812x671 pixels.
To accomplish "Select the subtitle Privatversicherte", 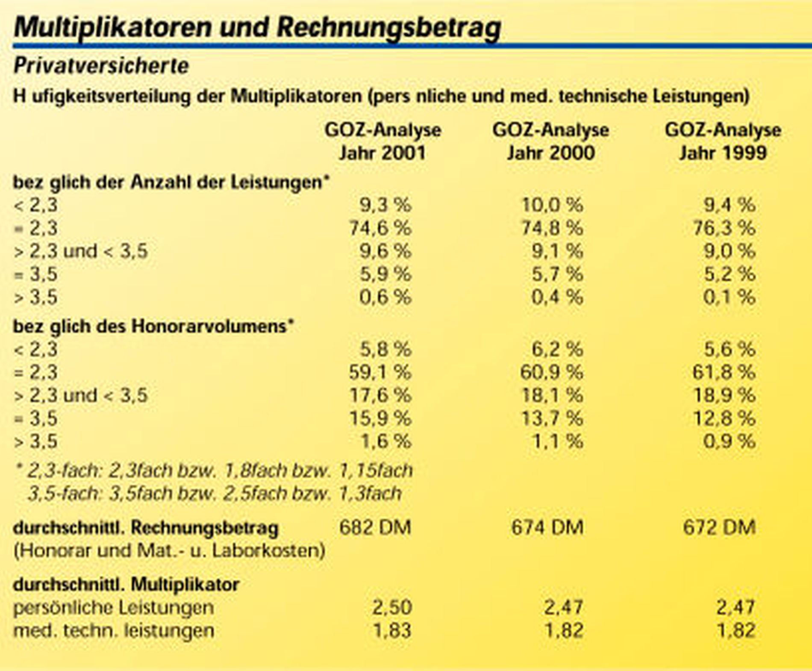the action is (101, 66).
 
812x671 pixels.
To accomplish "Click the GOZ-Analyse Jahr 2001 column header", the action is (382, 141).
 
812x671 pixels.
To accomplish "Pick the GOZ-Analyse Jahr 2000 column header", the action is (550, 141).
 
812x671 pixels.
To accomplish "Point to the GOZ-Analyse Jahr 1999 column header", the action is (723, 141).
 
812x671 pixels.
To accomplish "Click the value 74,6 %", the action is (380, 228).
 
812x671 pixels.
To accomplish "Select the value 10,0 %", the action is (552, 205).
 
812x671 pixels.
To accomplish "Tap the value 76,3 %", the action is (724, 228).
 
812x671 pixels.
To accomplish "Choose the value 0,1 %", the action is (729, 297).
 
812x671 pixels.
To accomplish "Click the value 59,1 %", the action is (380, 372).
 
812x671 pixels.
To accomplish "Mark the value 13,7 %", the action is (552, 418).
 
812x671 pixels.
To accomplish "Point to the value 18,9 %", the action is (724, 395).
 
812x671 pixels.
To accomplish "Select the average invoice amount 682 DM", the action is (375, 527).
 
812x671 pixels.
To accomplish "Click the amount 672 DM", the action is (719, 527).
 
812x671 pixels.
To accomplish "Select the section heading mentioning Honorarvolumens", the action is (154, 327).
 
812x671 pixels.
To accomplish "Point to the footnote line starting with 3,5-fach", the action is (215, 494).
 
